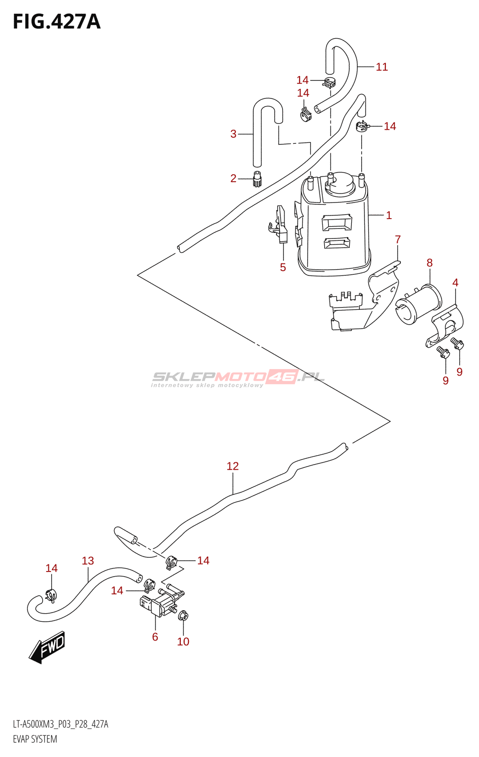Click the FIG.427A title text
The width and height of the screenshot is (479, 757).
(x=57, y=22)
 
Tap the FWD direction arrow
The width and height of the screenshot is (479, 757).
(x=47, y=646)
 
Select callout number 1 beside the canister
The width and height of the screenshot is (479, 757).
(x=389, y=215)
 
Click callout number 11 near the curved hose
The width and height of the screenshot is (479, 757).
(x=381, y=67)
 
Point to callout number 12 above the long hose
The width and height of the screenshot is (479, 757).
(x=232, y=466)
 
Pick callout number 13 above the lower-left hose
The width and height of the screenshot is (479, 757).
(x=88, y=561)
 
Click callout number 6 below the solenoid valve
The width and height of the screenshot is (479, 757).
(x=155, y=637)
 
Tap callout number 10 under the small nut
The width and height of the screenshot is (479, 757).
(x=183, y=642)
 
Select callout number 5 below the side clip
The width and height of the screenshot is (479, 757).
(x=283, y=267)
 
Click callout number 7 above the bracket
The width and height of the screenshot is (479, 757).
(x=398, y=239)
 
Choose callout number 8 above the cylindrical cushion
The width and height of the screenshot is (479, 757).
(x=429, y=263)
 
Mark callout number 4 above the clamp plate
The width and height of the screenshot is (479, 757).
(x=455, y=282)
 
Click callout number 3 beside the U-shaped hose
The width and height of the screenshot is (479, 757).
(x=233, y=134)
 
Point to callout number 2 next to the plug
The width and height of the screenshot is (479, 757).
(x=233, y=178)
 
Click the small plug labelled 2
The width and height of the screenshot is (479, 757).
(x=257, y=179)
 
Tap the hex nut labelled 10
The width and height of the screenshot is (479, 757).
(x=184, y=616)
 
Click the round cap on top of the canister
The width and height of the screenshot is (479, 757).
(x=340, y=184)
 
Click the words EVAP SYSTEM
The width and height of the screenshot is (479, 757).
(x=35, y=739)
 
